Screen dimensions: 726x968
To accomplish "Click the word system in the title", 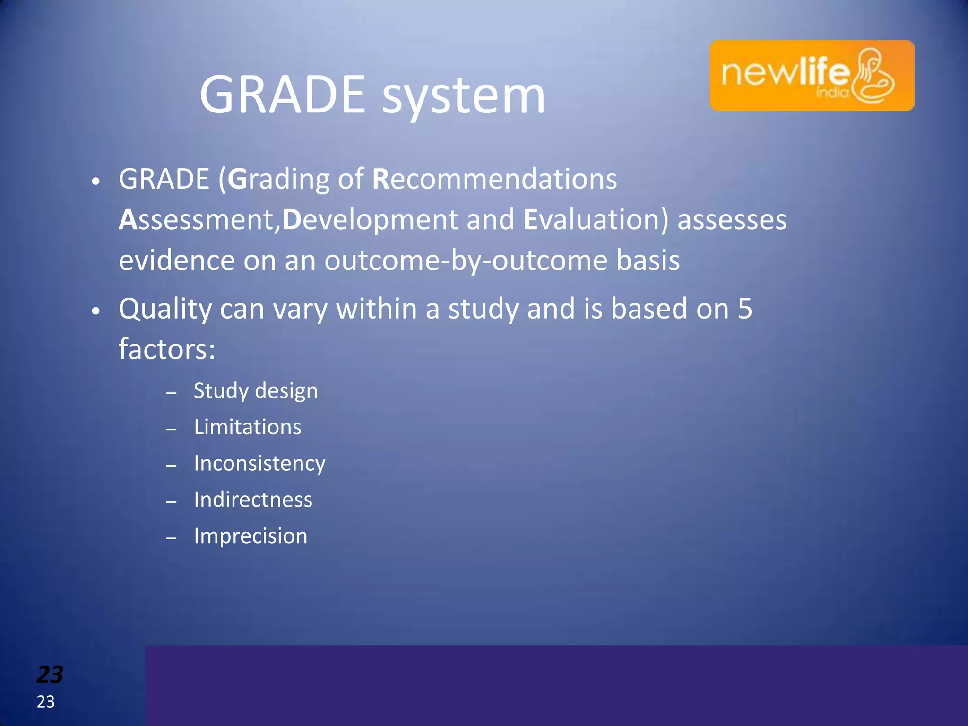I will tap(463, 97).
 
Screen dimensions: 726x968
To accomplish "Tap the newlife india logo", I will tap(812, 76).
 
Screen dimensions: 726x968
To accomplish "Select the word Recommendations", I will tap(494, 179).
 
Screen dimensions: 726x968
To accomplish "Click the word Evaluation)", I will tap(596, 220).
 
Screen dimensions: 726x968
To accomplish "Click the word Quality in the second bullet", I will tap(165, 309).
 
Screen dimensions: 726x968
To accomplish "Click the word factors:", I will tap(167, 350).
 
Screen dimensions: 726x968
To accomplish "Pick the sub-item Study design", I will tap(256, 391).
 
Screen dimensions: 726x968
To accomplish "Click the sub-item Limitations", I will tap(247, 427).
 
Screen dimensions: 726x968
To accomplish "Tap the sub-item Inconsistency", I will tap(259, 464).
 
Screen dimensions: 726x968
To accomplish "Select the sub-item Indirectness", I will tap(253, 500).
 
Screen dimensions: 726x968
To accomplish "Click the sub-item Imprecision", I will tap(251, 536).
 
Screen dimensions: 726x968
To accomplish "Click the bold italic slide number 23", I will tap(50, 674).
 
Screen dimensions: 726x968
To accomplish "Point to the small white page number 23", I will tap(46, 702).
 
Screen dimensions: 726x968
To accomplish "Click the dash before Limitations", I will tap(172, 429).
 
